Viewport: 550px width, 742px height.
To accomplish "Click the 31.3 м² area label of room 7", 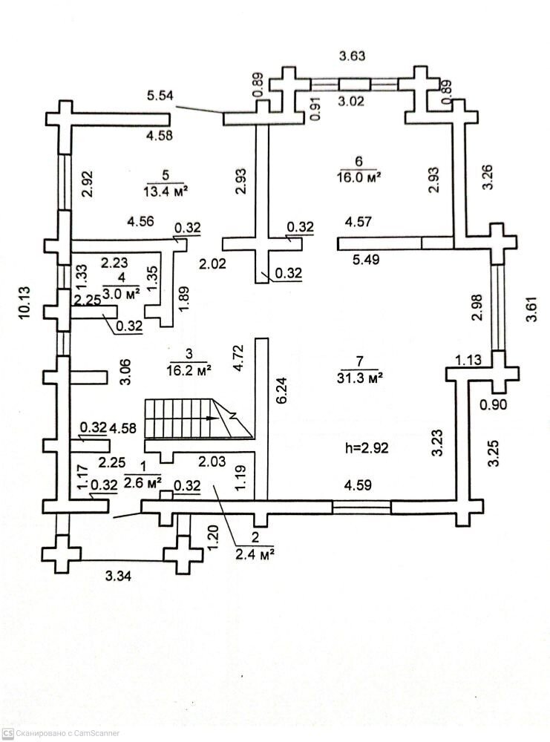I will (359, 377).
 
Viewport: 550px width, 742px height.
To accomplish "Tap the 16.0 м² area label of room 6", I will (358, 177).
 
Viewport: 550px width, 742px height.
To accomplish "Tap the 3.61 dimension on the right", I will (531, 306).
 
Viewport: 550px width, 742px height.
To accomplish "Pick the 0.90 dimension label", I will (494, 405).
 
